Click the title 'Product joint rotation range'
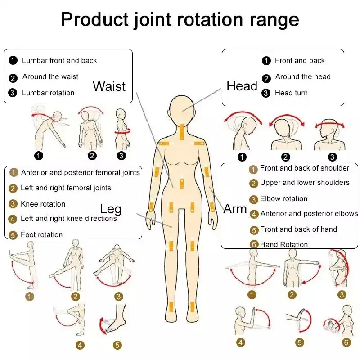coord(180,20)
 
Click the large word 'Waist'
coord(109,86)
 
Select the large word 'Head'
coord(242,86)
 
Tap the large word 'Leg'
coord(111,209)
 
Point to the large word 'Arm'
coord(235,209)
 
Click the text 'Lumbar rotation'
coord(48,93)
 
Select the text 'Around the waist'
coord(50,77)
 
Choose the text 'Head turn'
coord(291,93)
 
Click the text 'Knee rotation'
coord(43,204)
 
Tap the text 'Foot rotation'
coord(41,234)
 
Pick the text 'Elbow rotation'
coord(283,198)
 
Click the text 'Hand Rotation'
coord(284,244)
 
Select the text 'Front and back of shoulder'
coord(305,168)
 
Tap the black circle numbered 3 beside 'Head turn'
coord(266,93)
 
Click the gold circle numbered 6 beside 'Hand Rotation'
coord(253,244)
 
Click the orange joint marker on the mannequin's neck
coord(182,131)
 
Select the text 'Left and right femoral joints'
coord(66,188)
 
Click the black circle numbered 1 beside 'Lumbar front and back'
coord(13,61)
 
